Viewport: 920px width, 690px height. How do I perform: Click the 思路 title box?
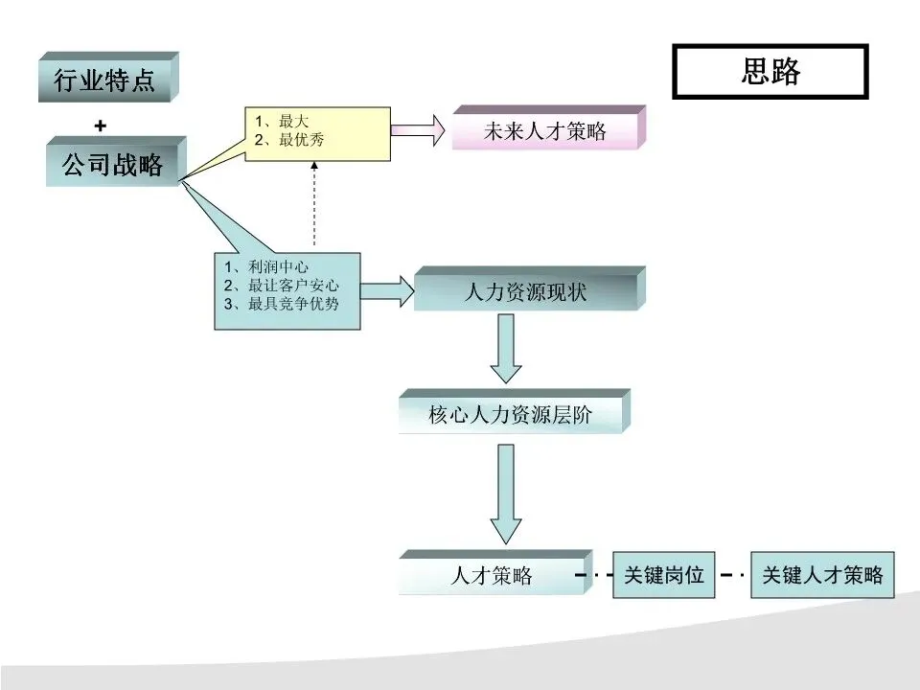coord(770,72)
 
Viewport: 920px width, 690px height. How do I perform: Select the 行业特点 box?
coord(104,80)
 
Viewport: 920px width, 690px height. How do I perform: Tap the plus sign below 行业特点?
coord(101,126)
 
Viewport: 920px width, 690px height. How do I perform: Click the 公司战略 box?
coord(112,165)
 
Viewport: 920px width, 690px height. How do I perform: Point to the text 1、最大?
coord(278,121)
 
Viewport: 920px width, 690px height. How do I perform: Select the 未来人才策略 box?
coord(543,131)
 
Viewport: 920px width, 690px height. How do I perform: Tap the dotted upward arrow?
coord(313,206)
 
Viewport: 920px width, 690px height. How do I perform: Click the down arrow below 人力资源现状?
coord(506,347)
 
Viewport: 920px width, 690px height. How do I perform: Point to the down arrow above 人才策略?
coord(506,494)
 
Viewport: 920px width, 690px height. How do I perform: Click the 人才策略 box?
coord(492,576)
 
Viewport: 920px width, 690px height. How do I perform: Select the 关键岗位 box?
coord(664,575)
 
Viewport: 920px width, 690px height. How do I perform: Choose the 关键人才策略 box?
coord(822,575)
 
